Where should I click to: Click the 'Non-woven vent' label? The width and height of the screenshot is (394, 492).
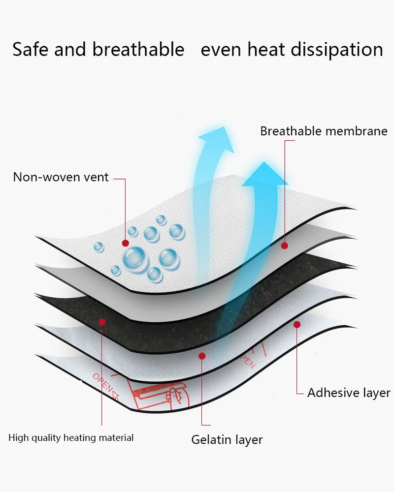pyautogui.click(x=61, y=177)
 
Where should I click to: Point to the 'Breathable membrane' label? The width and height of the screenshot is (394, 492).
pyautogui.click(x=324, y=131)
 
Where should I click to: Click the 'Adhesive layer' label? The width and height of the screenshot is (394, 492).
pyautogui.click(x=349, y=393)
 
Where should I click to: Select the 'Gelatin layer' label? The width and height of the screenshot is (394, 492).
pyautogui.click(x=227, y=439)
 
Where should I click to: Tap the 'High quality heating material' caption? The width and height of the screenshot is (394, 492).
pyautogui.click(x=71, y=437)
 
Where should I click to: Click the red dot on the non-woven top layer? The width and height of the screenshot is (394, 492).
pyautogui.click(x=126, y=243)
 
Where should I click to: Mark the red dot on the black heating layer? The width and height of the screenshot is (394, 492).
pyautogui.click(x=102, y=322)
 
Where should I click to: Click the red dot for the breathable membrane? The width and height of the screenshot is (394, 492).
pyautogui.click(x=284, y=245)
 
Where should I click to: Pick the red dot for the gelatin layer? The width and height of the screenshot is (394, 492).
pyautogui.click(x=202, y=356)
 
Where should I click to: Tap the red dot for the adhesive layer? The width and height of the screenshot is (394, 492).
pyautogui.click(x=297, y=324)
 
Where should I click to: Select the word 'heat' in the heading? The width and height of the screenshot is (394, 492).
pyautogui.click(x=265, y=50)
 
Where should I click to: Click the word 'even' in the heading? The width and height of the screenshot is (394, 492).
pyautogui.click(x=222, y=50)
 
